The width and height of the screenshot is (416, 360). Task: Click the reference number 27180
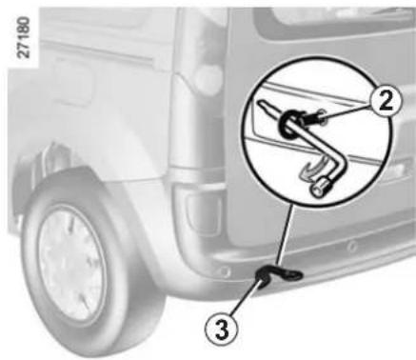click(x=25, y=37)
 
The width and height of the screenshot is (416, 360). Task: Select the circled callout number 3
click(x=222, y=330)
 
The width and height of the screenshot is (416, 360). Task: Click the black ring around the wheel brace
click(x=289, y=124)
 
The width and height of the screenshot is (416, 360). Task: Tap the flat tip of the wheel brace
click(x=261, y=104)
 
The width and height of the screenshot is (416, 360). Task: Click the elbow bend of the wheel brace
click(x=340, y=159)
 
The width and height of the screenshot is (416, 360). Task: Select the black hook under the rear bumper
click(x=277, y=273)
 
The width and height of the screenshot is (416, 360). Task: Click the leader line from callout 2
click(x=345, y=110)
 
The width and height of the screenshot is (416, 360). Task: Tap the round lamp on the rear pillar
click(x=207, y=77)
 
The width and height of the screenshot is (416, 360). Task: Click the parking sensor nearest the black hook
click(x=225, y=271)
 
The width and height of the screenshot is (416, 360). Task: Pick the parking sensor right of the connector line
click(x=351, y=246)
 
